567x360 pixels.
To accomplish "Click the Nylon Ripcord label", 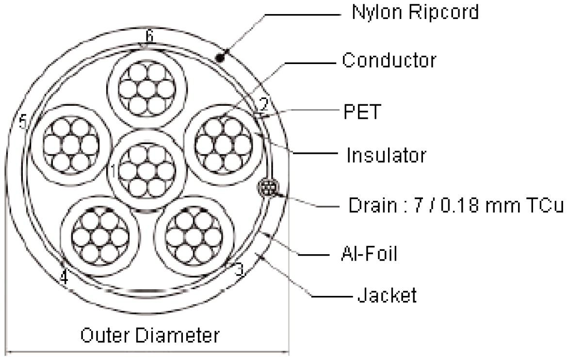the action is pos(415,12).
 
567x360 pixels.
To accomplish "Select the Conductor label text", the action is pos(389,60).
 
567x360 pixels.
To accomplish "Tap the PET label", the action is pos(362,112).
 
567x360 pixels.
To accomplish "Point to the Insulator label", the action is pos(386,155).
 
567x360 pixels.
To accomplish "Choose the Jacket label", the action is pos(387,295).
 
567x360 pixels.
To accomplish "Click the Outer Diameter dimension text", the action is pos(150,335).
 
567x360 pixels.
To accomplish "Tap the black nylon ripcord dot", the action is pos(220,57).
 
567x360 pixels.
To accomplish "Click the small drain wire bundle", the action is pos(268,188).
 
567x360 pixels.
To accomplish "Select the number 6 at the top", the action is pos(149,36).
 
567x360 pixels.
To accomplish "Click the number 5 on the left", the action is pos(23,122).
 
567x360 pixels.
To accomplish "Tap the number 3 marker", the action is pos(240,270).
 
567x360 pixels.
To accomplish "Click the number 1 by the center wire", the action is pos(113,171).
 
